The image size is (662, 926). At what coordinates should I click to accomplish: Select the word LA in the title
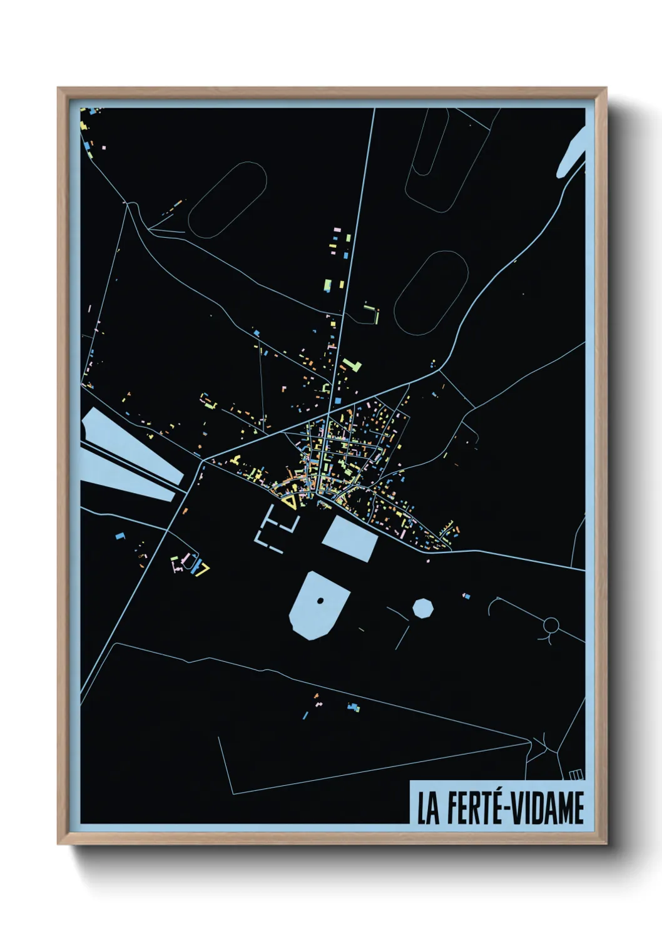(428, 808)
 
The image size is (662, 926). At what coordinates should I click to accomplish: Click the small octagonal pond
(423, 608)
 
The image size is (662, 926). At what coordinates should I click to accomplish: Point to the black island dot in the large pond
(320, 601)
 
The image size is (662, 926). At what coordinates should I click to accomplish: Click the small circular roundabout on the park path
(551, 624)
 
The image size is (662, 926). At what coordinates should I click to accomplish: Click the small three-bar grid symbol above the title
(576, 775)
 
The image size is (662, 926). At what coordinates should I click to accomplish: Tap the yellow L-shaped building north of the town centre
(352, 364)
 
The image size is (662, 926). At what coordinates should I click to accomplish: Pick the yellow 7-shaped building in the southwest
(203, 569)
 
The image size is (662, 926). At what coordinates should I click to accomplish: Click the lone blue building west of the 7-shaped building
(120, 536)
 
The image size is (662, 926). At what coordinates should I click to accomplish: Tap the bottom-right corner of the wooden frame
(606, 844)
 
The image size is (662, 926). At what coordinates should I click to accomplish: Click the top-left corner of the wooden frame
(58, 88)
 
